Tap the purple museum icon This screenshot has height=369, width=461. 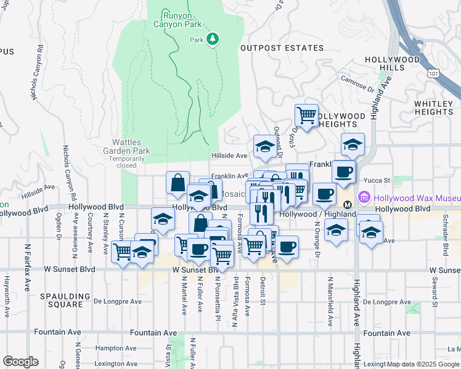click(x=364, y=198)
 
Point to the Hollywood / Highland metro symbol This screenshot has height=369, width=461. click(x=346, y=203)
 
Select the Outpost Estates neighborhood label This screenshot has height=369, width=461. click(x=281, y=48)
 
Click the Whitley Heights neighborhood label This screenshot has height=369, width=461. click(x=434, y=108)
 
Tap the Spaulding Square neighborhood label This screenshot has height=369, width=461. click(x=61, y=300)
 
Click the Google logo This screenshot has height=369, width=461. click(x=20, y=362)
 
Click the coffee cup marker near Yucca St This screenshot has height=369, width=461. click(x=344, y=170)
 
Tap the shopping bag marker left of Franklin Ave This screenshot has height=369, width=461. click(x=177, y=182)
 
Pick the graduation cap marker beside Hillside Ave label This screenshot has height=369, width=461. click(x=264, y=146)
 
